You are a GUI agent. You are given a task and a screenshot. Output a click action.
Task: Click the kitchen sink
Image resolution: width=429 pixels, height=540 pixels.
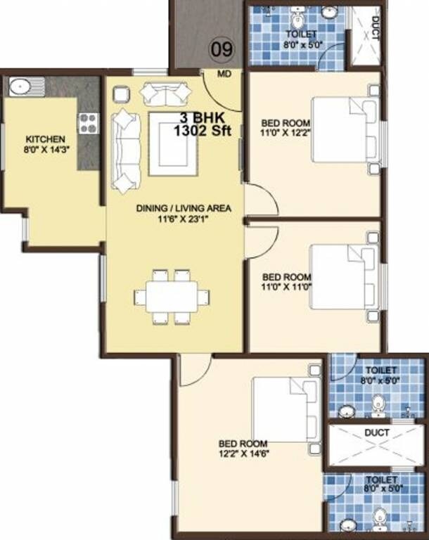(x=20, y=87)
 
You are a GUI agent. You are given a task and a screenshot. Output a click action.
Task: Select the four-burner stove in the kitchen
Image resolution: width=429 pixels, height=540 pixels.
(x=88, y=123)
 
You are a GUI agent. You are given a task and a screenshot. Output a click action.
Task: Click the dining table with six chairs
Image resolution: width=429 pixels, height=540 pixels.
(x=172, y=296)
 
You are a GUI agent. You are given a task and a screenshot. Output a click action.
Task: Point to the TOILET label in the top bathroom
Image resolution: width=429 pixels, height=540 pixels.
(x=301, y=34)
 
